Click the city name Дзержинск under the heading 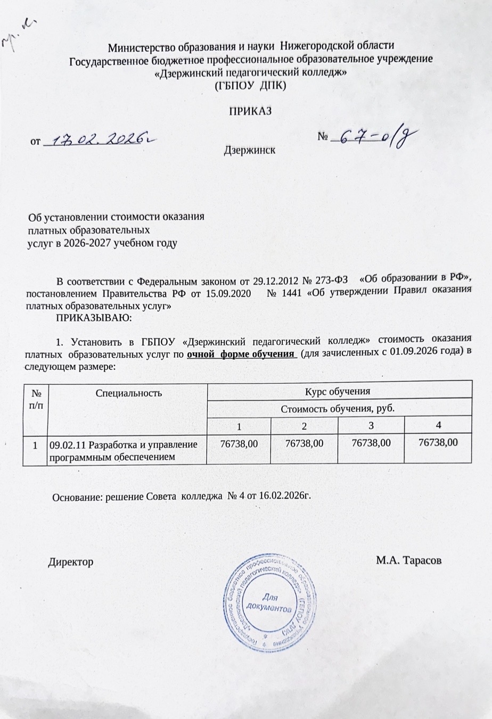tap(250, 150)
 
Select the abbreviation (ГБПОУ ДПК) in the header tap(250, 85)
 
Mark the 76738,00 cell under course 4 tap(438, 442)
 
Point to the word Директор tap(71, 561)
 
